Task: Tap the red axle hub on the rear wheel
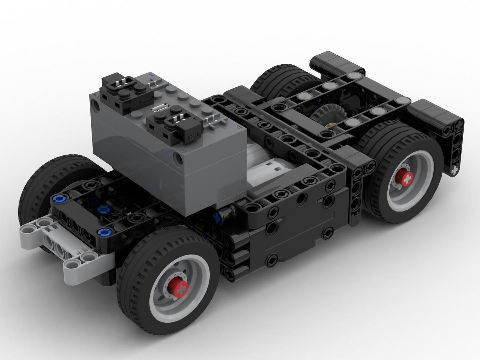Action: point(406,180)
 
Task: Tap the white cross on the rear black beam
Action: point(455,171)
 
